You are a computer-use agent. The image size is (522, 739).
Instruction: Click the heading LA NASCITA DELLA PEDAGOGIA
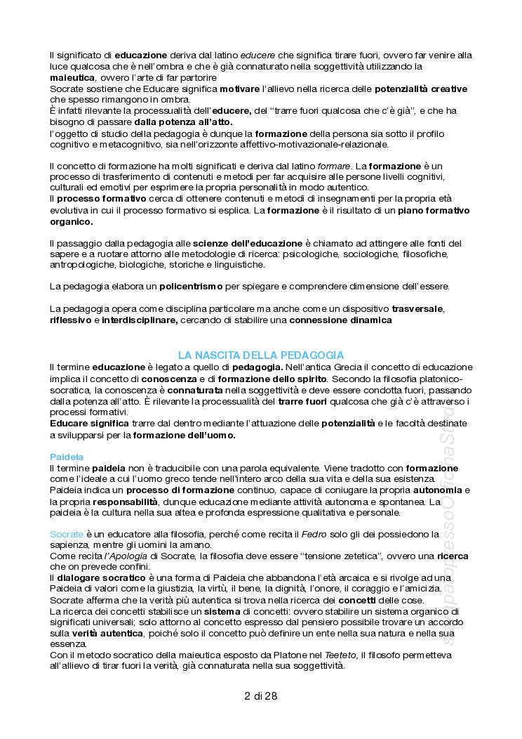coord(260,355)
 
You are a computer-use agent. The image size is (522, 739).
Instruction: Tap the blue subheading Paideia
coord(67,457)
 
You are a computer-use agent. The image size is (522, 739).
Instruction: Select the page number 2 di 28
coord(260,697)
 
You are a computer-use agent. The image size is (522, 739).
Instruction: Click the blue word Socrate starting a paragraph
coord(67,535)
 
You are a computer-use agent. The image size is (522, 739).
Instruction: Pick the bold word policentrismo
coord(191,287)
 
